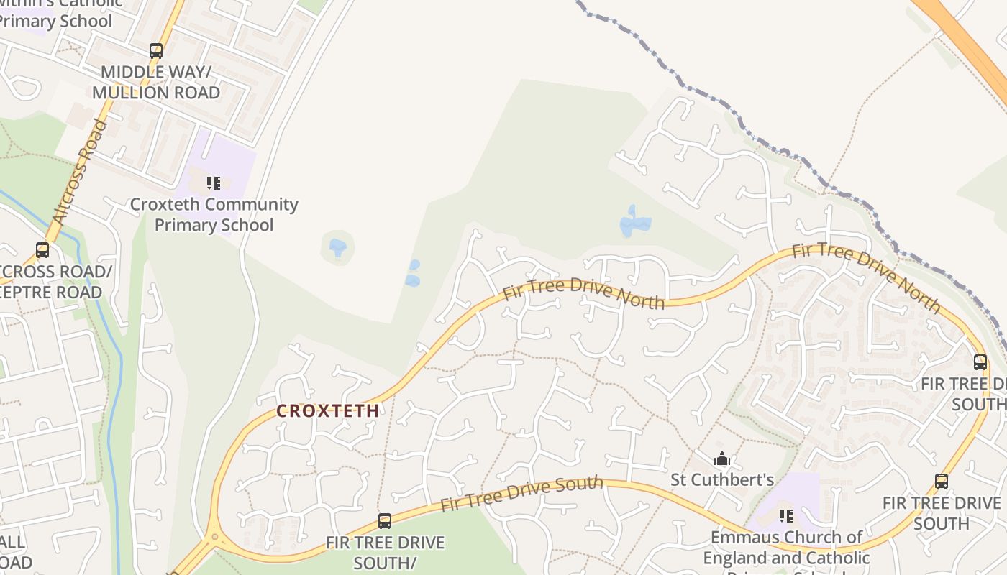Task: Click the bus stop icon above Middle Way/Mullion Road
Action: coord(156,51)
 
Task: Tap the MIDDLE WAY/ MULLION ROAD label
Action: coord(156,82)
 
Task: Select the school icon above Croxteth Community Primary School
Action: coord(214,183)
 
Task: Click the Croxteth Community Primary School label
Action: coord(214,214)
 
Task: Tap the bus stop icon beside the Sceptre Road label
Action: coord(42,250)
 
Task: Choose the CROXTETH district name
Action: coord(328,411)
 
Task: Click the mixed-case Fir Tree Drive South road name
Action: coord(521,494)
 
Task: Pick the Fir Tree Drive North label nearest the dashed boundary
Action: coord(866,277)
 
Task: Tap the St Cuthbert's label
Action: coord(722,479)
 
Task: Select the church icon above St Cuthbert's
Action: coord(722,459)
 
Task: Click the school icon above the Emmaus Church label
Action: coord(786,515)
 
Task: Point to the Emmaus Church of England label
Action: coord(786,547)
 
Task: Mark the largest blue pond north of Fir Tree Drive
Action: coord(634,223)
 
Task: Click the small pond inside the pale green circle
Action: coord(337,248)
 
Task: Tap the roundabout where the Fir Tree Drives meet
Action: coord(213,536)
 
